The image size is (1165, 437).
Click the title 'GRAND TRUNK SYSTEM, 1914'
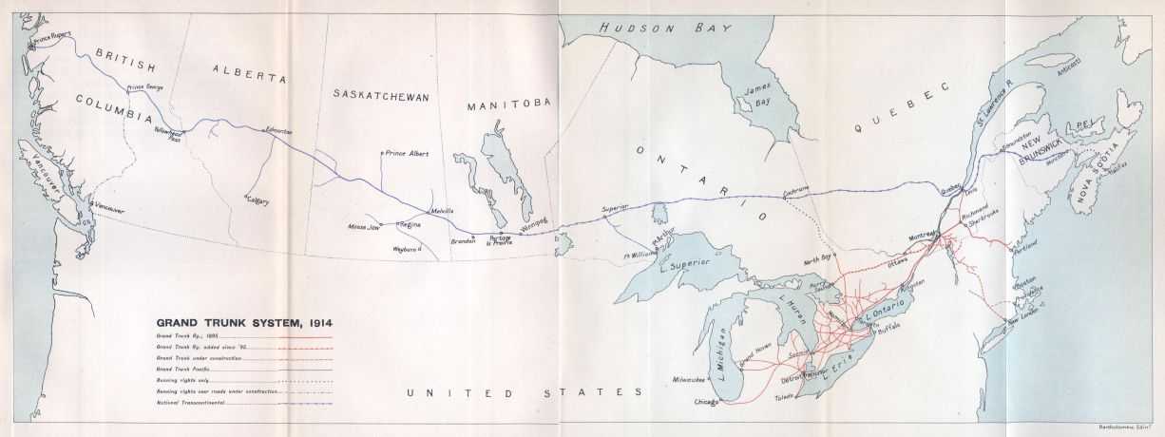tap(244, 322)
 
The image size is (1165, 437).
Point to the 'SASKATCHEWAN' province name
tap(381, 96)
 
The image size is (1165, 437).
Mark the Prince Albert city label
tap(407, 153)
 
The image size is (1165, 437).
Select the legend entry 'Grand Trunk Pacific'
tap(185, 368)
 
